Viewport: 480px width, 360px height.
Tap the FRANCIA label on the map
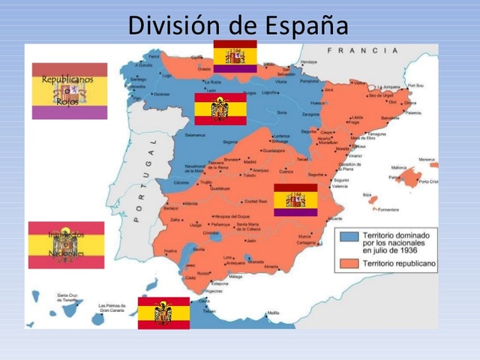tap(362, 51)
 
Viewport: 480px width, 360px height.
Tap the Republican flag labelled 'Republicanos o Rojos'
tap(69, 91)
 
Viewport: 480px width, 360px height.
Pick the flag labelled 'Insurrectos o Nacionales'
tap(66, 244)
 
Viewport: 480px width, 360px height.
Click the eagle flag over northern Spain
tap(220, 109)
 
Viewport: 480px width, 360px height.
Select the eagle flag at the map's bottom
tap(163, 312)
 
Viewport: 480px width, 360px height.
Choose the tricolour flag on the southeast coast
tap(295, 199)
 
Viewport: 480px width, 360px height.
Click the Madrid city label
tap(250, 160)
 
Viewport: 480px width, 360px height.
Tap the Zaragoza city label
tap(310, 115)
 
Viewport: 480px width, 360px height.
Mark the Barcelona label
tap(390, 118)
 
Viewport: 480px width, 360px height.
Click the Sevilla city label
tap(199, 248)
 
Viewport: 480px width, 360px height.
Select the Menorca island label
tap(427, 160)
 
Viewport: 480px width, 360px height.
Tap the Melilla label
tap(273, 313)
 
